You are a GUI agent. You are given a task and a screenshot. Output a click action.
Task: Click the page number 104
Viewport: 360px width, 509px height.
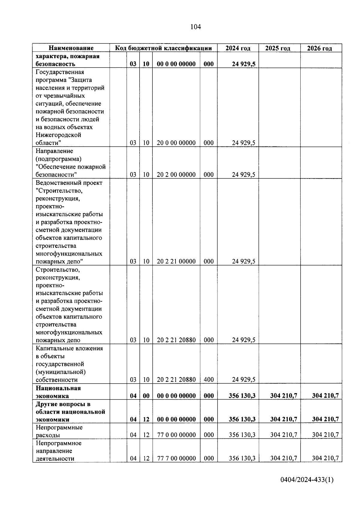(196, 27)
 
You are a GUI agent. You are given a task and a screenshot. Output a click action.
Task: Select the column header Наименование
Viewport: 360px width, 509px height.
(71, 48)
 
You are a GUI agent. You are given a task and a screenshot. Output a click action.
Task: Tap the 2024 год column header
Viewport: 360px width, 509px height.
(238, 48)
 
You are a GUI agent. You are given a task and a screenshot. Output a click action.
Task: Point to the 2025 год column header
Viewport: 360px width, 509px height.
(278, 48)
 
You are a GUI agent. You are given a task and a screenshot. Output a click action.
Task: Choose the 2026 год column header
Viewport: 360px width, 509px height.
(319, 48)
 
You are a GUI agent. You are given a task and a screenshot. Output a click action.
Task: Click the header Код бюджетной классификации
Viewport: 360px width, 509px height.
(163, 48)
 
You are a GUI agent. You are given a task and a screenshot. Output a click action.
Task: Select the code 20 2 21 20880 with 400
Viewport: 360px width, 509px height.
(176, 380)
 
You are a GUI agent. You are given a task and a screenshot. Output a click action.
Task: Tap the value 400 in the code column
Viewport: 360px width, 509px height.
(208, 380)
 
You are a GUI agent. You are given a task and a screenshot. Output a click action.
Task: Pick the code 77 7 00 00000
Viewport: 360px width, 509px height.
(176, 458)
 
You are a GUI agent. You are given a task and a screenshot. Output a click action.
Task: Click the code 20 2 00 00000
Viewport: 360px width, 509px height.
(176, 175)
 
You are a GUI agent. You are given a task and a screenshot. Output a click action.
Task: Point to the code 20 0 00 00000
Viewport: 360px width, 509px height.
(176, 143)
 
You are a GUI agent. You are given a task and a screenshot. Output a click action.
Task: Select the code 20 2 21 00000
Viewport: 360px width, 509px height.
(176, 261)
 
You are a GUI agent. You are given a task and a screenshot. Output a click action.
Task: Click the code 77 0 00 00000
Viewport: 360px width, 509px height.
(176, 435)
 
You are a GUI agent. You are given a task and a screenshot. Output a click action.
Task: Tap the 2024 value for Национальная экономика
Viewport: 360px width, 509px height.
(242, 396)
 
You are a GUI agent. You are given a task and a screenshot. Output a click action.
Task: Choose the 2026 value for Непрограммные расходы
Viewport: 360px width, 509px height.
(325, 435)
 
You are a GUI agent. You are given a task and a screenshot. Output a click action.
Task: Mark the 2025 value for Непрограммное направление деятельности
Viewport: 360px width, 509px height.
(283, 458)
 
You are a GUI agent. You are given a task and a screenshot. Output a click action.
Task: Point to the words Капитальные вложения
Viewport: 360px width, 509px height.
(69, 348)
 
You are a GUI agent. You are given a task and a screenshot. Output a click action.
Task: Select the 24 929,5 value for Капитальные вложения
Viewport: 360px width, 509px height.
(243, 380)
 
